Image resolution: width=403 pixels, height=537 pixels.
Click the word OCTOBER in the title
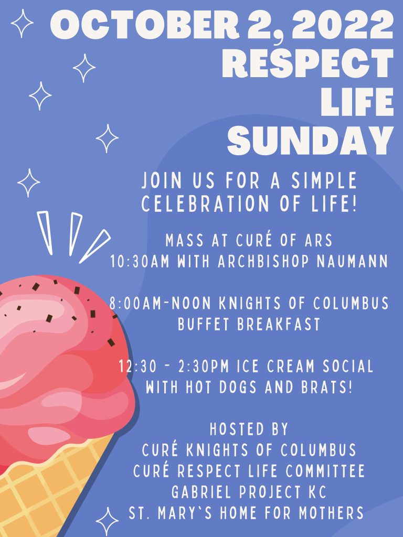point(145,25)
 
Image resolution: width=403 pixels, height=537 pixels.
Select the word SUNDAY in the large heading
point(310,141)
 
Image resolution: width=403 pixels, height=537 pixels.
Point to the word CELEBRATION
point(206,203)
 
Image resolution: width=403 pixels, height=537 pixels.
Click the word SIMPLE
point(324,180)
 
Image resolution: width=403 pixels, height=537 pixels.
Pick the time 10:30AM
point(140,262)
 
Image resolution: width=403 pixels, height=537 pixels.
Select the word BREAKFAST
point(279,324)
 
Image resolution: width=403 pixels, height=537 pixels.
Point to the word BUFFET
point(204,324)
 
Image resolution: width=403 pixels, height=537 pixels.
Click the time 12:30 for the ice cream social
point(137,367)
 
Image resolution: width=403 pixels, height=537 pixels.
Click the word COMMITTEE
point(325,471)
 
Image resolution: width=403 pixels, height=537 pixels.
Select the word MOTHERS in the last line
point(331,513)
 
